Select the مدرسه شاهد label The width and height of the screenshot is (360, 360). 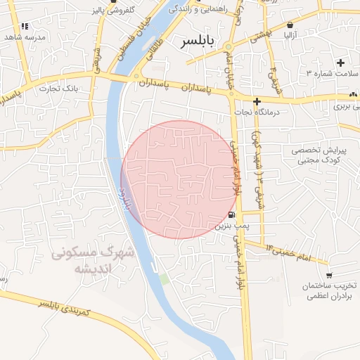point(25,37)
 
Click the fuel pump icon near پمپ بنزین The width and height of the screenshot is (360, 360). point(232,214)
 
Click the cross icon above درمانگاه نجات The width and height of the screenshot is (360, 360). point(257,101)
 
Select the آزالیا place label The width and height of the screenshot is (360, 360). point(291,33)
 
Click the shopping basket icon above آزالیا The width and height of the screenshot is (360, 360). point(291,24)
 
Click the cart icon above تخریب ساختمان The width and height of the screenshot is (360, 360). point(329,276)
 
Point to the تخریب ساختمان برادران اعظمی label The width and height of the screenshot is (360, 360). point(330,292)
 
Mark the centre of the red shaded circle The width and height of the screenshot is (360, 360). point(179,179)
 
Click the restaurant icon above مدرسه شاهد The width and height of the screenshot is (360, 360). point(25,26)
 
